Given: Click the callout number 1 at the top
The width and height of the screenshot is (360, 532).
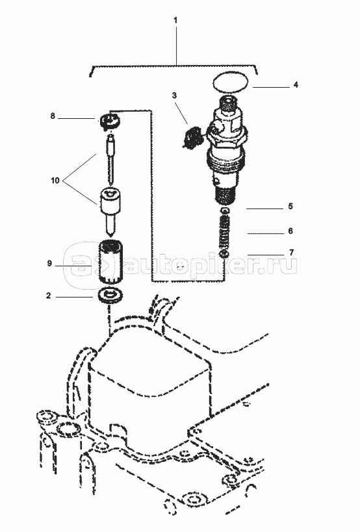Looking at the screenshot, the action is point(175,20).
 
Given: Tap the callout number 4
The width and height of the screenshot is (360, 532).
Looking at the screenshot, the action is point(296,84).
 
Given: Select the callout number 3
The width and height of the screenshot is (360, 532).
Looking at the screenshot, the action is point(174,95).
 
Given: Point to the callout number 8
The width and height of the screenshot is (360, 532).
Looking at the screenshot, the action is point(53,116).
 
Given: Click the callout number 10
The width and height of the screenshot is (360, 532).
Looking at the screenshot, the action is point(55,181).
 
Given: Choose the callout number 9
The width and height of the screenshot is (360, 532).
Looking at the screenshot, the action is point(49,263).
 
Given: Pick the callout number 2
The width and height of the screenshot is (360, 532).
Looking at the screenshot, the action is point(49,296).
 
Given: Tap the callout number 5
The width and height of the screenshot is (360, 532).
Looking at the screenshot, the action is point(290,207).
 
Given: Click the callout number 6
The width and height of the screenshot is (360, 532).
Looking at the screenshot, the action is point(290,231).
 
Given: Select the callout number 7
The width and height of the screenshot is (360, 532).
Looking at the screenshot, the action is point(292,253).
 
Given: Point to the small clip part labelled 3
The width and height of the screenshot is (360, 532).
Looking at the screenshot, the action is point(191,136).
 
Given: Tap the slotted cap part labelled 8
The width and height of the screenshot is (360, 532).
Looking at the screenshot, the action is point(110,121).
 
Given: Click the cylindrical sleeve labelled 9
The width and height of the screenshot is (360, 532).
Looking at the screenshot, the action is point(110,262).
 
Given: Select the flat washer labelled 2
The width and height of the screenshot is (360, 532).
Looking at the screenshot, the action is point(110,294).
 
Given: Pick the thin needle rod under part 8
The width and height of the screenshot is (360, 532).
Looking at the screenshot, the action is point(110,159).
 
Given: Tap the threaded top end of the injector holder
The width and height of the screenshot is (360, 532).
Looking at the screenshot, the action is point(228,103).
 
